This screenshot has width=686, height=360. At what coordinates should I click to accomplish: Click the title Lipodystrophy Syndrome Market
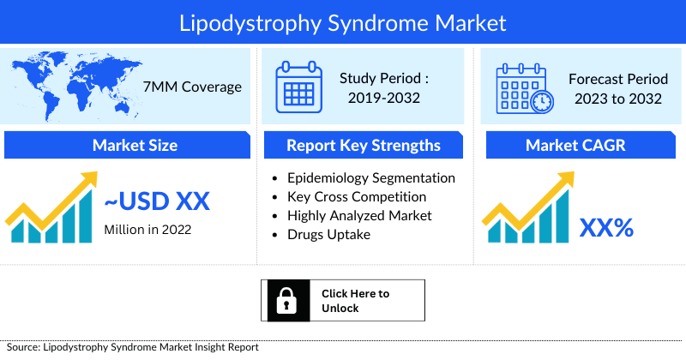342,22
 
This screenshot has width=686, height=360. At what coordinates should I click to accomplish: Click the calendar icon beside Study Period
298,87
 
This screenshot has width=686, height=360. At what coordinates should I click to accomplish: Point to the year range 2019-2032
383,98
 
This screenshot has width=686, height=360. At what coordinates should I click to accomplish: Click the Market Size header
135,146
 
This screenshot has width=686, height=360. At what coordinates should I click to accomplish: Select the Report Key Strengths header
364,146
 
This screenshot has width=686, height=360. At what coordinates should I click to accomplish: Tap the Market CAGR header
575,146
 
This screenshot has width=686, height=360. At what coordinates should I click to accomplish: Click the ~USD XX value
157,202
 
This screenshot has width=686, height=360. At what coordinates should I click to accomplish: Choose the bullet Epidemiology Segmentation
370,178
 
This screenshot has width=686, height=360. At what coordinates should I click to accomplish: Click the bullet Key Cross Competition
357,197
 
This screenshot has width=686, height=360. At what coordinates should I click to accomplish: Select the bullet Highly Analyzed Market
359,216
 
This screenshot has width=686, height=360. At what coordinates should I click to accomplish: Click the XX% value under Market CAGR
606,227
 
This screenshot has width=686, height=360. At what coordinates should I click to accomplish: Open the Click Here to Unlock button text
355,300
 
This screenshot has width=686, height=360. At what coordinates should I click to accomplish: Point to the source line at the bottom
129,347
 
